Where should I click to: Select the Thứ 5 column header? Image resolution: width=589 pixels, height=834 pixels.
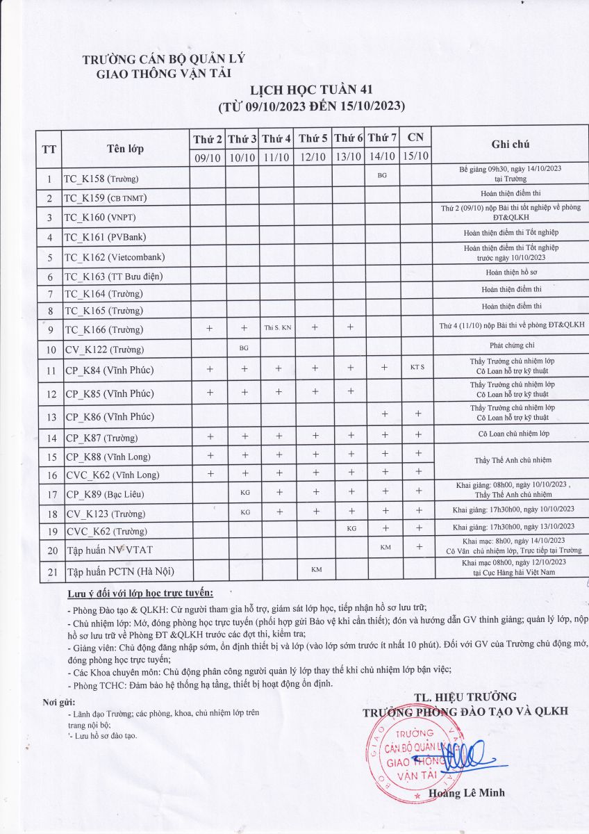pyautogui.click(x=313, y=139)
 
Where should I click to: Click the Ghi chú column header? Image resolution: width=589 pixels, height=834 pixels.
pyautogui.click(x=511, y=144)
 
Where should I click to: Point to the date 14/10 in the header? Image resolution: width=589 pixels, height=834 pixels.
pyautogui.click(x=381, y=158)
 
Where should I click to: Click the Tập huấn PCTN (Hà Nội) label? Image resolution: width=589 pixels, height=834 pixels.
pyautogui.click(x=119, y=572)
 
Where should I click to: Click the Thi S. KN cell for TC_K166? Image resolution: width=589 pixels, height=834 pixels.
pyautogui.click(x=277, y=327)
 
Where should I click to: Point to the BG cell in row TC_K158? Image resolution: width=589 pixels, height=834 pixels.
pyautogui.click(x=382, y=176)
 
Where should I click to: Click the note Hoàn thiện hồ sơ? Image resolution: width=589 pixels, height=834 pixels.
pyautogui.click(x=511, y=273)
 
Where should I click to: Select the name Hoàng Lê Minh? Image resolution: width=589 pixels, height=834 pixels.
pyautogui.click(x=467, y=793)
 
